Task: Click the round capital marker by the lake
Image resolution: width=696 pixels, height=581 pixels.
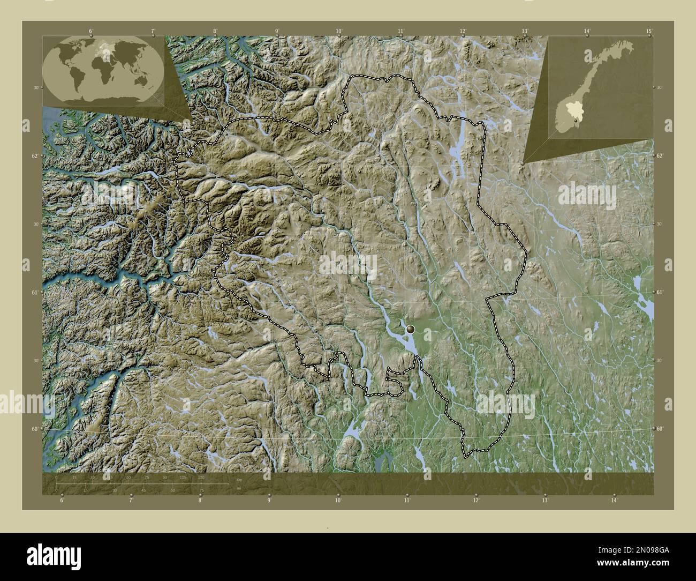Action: pyautogui.click(x=411, y=329)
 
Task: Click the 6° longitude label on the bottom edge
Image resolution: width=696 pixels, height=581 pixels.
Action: pyautogui.click(x=62, y=501)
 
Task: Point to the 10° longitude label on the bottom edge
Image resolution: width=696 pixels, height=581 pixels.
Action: pyautogui.click(x=338, y=501)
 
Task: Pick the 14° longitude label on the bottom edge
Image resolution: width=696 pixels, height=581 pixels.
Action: pyautogui.click(x=614, y=501)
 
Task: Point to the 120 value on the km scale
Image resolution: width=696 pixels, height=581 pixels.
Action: pyautogui.click(x=201, y=477)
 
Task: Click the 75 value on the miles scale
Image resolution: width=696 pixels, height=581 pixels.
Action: pyautogui.click(x=201, y=490)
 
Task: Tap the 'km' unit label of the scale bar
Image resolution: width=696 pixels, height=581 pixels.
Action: pyautogui.click(x=231, y=480)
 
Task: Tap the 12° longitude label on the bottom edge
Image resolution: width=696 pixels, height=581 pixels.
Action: pyautogui.click(x=476, y=501)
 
